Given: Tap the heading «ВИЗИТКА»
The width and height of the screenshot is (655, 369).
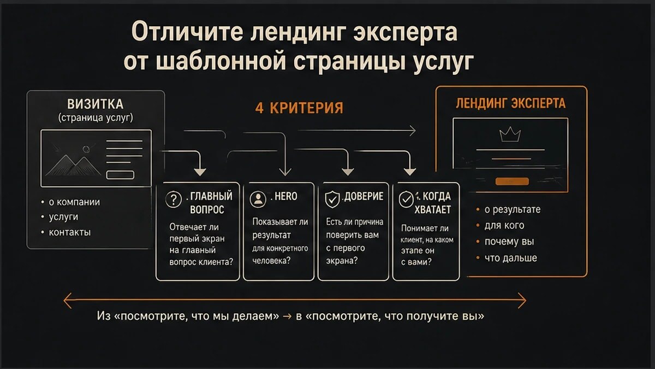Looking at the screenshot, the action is point(96,104).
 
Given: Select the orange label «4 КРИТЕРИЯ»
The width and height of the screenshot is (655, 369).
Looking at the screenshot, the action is point(299,108).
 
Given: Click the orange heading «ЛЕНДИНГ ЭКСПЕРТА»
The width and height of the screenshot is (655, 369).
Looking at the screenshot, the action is point(510,103).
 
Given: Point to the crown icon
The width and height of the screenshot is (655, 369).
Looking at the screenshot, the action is point(510,134).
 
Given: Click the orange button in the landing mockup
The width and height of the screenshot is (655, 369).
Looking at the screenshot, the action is point(512,181).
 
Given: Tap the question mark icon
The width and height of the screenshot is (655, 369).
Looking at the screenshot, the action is point(174,200).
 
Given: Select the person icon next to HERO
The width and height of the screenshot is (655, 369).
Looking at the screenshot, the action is point(258,199).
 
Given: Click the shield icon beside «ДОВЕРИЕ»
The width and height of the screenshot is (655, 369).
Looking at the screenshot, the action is point(332,200).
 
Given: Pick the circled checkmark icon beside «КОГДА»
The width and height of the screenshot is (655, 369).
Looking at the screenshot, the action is point(406,199).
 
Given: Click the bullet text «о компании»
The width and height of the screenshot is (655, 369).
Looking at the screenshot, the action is point(74,202).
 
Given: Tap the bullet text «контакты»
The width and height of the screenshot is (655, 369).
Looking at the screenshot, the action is point(70,232).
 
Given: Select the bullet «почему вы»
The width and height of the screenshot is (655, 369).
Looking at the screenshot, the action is point(509,242).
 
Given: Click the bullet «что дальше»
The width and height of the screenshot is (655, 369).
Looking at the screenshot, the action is point(510,258).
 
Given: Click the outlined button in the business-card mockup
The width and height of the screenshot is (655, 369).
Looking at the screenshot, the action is point(120,175).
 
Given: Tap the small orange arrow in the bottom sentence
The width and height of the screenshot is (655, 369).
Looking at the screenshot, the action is point(287,317).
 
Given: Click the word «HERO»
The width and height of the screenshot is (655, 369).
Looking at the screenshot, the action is point(285,196).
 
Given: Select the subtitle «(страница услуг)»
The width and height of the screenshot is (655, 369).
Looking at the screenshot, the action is point(96,118).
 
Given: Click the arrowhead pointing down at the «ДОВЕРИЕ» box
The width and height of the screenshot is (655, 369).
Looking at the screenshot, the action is point(348,172).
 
